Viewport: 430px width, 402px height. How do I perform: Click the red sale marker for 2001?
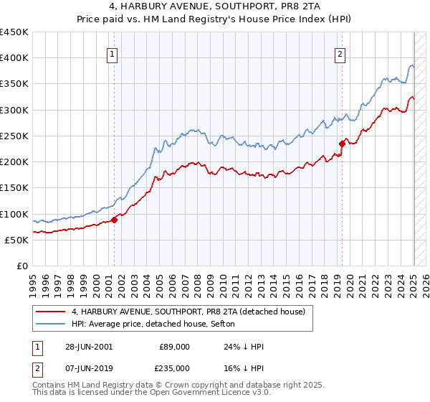click(x=115, y=220)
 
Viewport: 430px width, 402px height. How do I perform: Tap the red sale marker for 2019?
click(x=342, y=144)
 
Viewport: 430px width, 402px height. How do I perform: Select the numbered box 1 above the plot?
click(x=113, y=52)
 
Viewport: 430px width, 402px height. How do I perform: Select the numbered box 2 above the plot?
click(x=339, y=52)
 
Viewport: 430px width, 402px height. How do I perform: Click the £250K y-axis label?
click(x=14, y=136)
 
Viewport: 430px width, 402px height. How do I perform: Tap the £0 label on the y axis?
click(x=21, y=266)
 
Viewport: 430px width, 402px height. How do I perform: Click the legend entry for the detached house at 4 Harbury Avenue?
click(x=188, y=312)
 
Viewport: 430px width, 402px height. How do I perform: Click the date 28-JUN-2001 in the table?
click(x=90, y=346)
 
